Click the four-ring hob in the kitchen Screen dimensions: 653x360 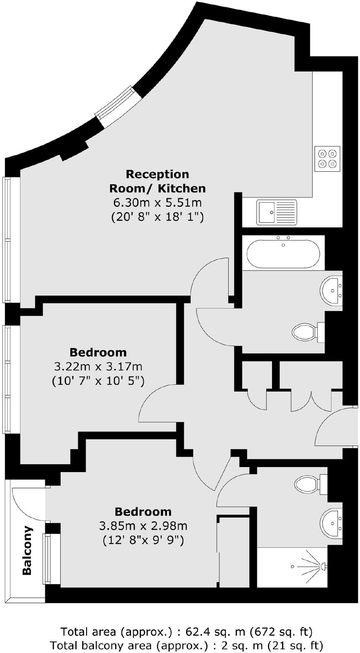click(327, 159)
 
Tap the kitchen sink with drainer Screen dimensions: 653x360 click(276, 213)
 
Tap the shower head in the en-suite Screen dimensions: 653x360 click(323, 566)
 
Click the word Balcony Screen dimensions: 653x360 click(27, 551)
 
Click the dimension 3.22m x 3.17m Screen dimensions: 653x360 click(98, 367)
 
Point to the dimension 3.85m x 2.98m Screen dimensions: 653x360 click(143, 526)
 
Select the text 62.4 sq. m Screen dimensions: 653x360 click(215, 632)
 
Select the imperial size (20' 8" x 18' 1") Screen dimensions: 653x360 click(157, 217)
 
